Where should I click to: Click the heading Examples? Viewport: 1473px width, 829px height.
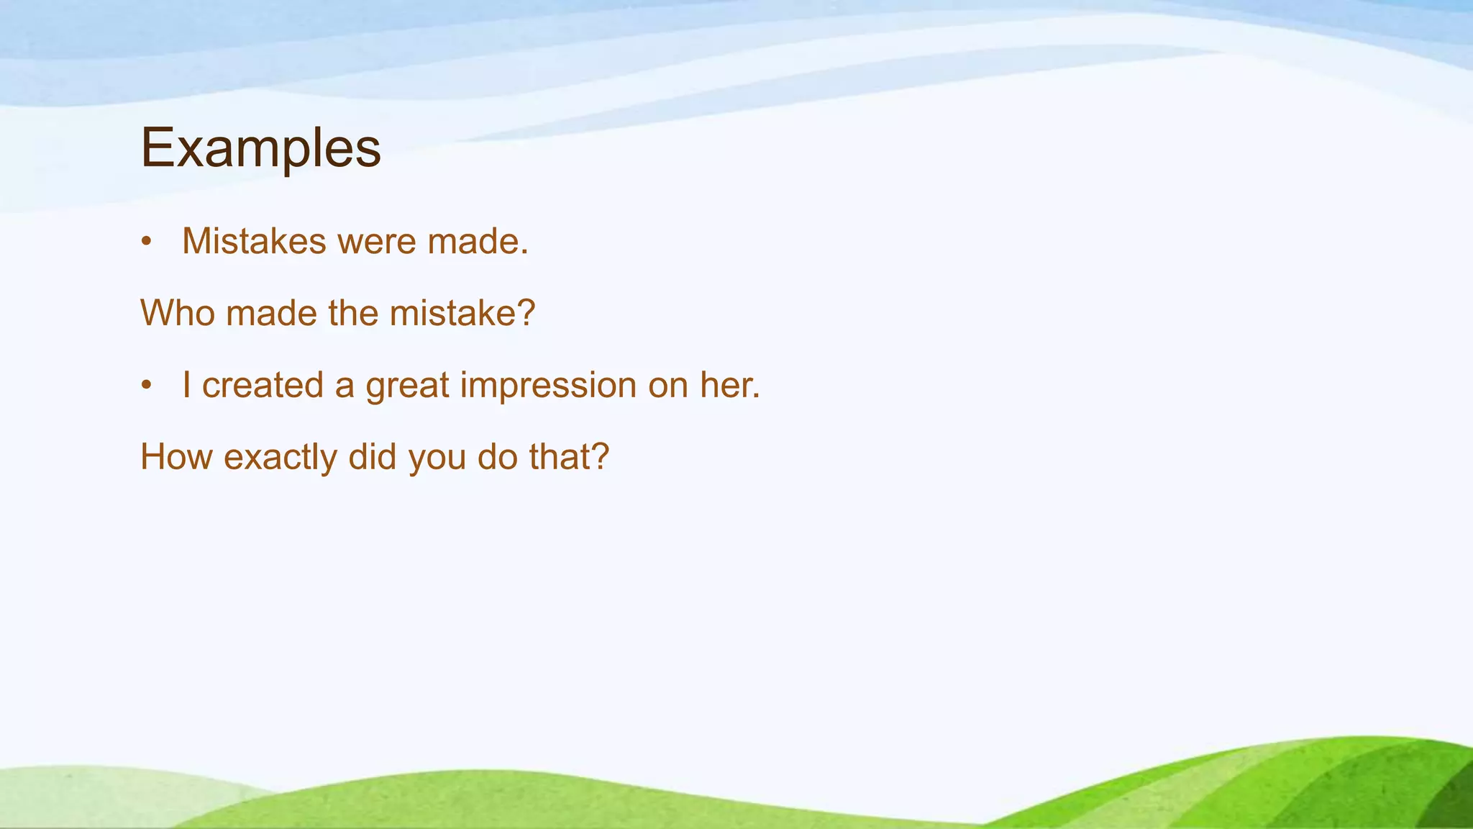click(260, 148)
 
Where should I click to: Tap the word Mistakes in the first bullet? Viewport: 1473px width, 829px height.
click(254, 241)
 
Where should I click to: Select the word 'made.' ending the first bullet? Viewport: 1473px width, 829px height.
click(478, 241)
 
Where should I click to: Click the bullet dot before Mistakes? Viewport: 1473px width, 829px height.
click(147, 242)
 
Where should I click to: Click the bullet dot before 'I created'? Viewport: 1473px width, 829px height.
click(147, 386)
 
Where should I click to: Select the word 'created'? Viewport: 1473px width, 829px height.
click(263, 385)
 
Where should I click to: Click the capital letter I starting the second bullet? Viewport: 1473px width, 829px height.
click(186, 385)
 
